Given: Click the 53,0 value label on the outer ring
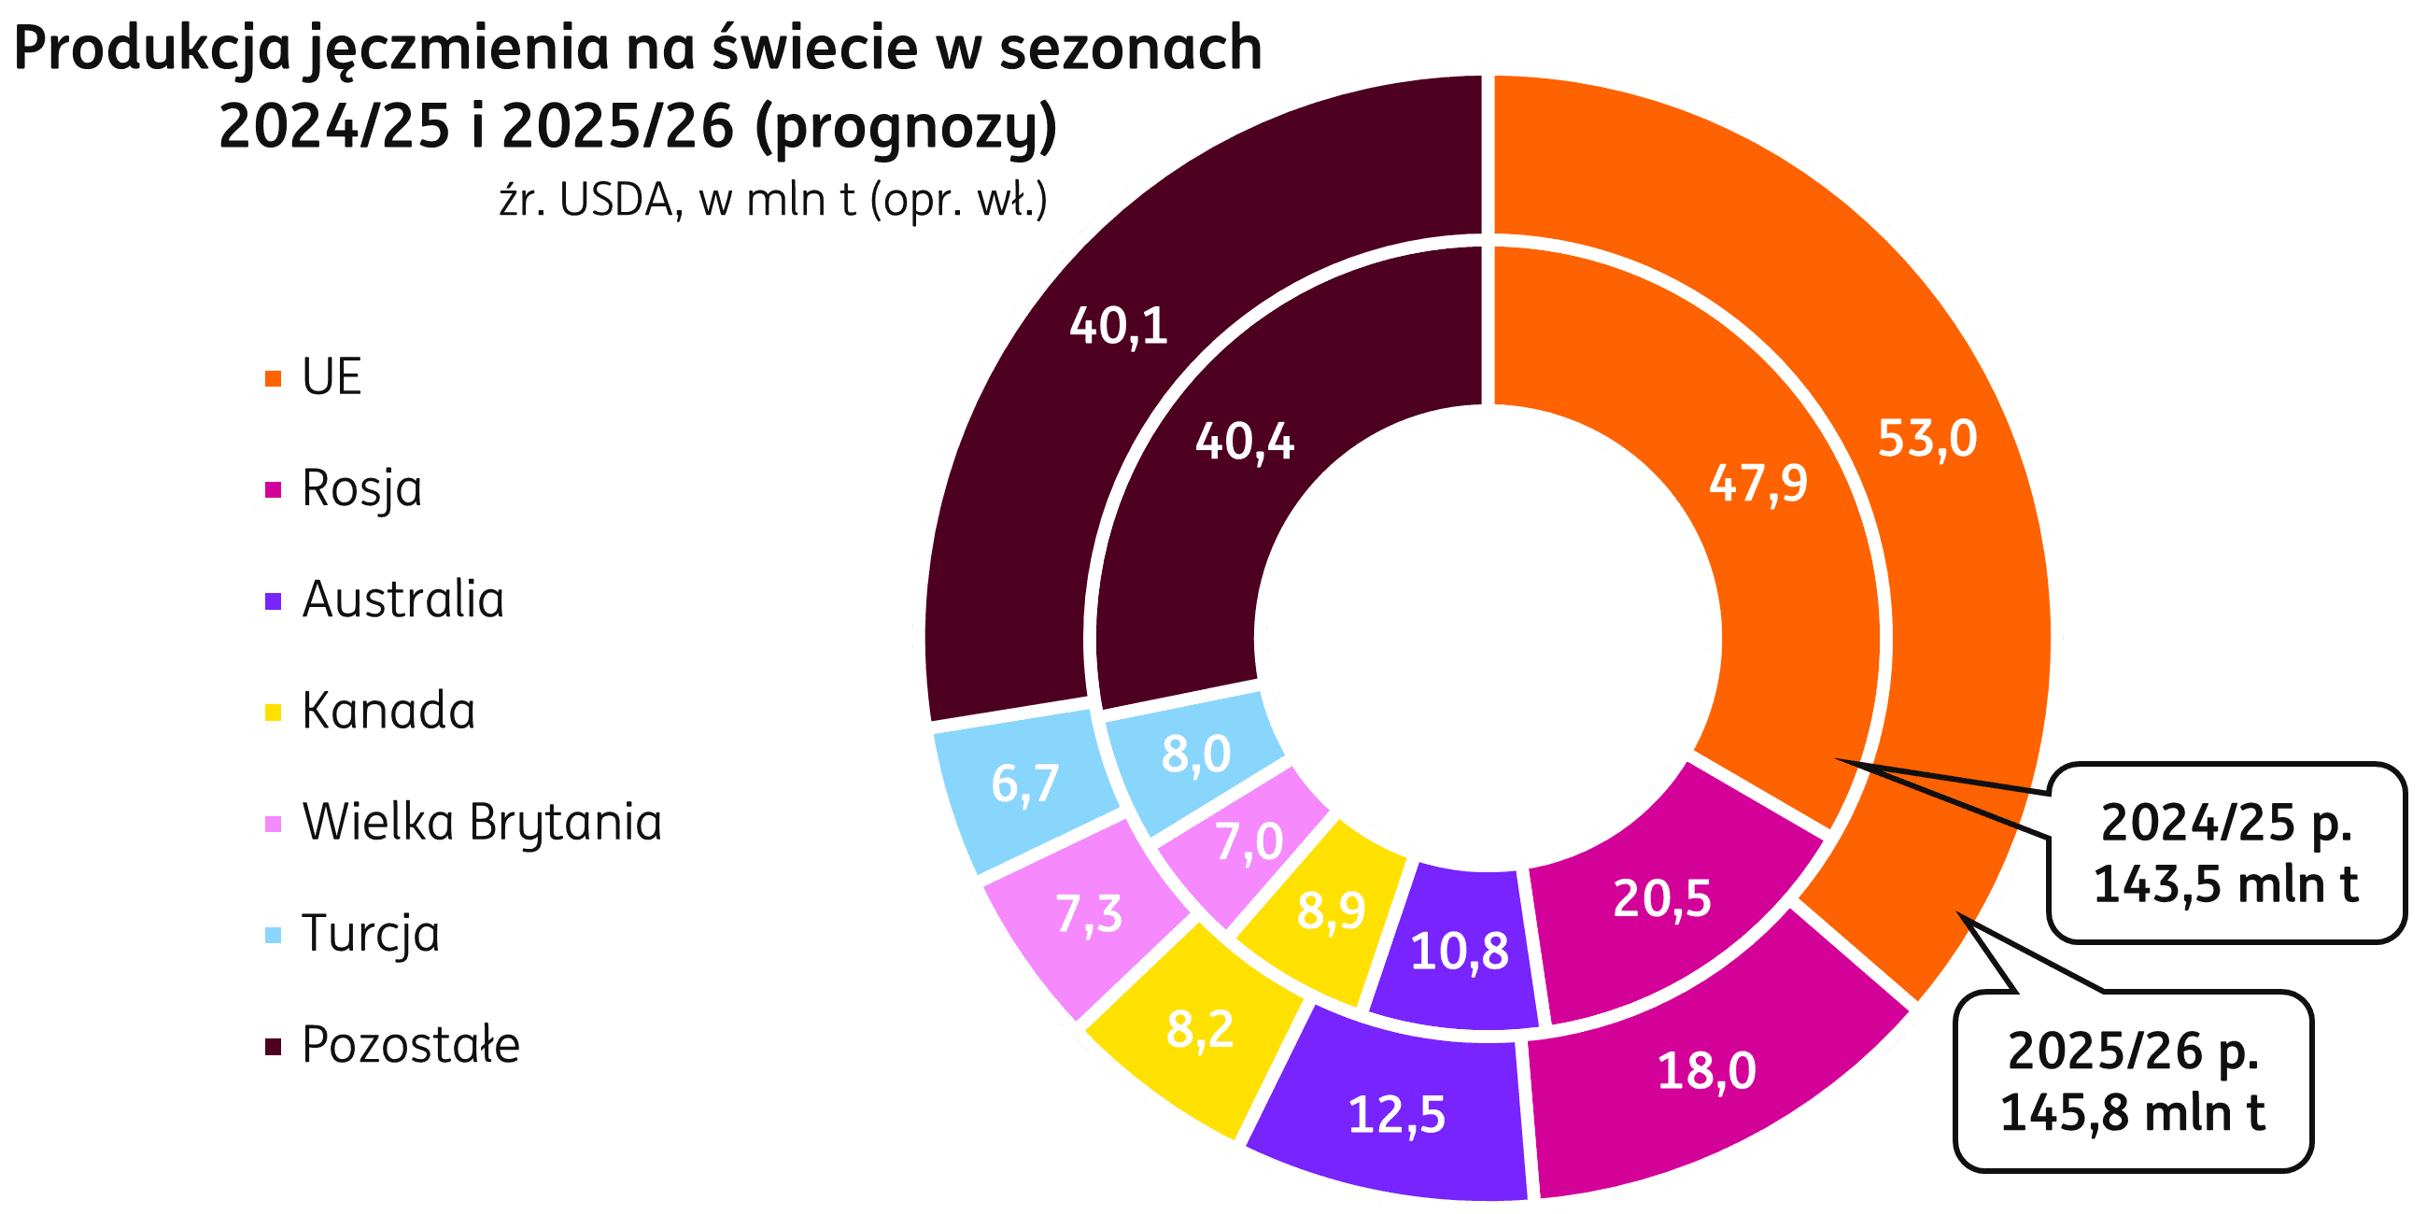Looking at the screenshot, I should pos(1926,439).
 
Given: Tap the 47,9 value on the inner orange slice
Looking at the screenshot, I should pos(1758,484).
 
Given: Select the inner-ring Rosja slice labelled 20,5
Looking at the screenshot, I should pos(1662,898).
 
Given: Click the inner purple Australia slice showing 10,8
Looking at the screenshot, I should pos(1460,952).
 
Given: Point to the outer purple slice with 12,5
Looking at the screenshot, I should pos(1396,1115).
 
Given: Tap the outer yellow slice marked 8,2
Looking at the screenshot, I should pos(1199,1029).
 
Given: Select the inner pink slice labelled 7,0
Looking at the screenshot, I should pos(1249,842).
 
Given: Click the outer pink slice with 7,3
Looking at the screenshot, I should pos(1089,914).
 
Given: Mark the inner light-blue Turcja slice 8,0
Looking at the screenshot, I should pos(1195,755).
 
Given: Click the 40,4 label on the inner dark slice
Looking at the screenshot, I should pos(1245,442).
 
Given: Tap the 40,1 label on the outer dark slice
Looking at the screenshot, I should pos(1119,326).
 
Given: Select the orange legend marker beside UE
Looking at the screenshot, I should pos(274,378).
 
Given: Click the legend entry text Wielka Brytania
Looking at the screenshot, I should pos(482,823).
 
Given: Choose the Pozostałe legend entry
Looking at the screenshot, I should pos(411,1045).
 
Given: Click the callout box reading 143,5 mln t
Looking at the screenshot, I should pos(2225,853).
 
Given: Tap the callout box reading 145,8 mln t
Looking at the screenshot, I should pos(2133,1081).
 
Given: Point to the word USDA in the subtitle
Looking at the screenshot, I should pos(620,201).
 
